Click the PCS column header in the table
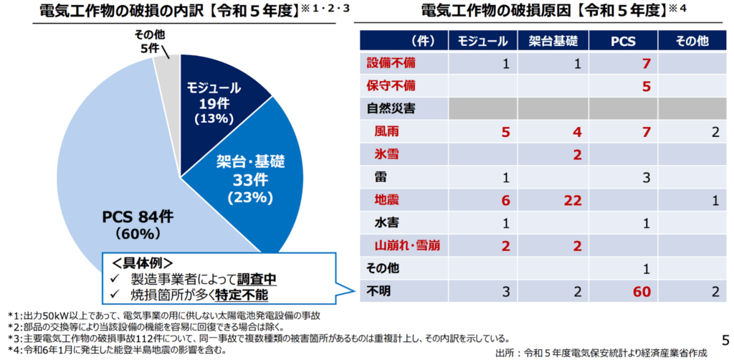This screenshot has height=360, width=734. (622, 40)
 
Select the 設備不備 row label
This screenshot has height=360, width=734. (391, 64)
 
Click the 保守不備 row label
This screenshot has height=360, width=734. (391, 86)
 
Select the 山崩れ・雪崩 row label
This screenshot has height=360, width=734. (406, 246)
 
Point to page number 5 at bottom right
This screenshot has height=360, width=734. (723, 339)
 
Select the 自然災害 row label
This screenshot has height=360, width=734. (391, 109)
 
